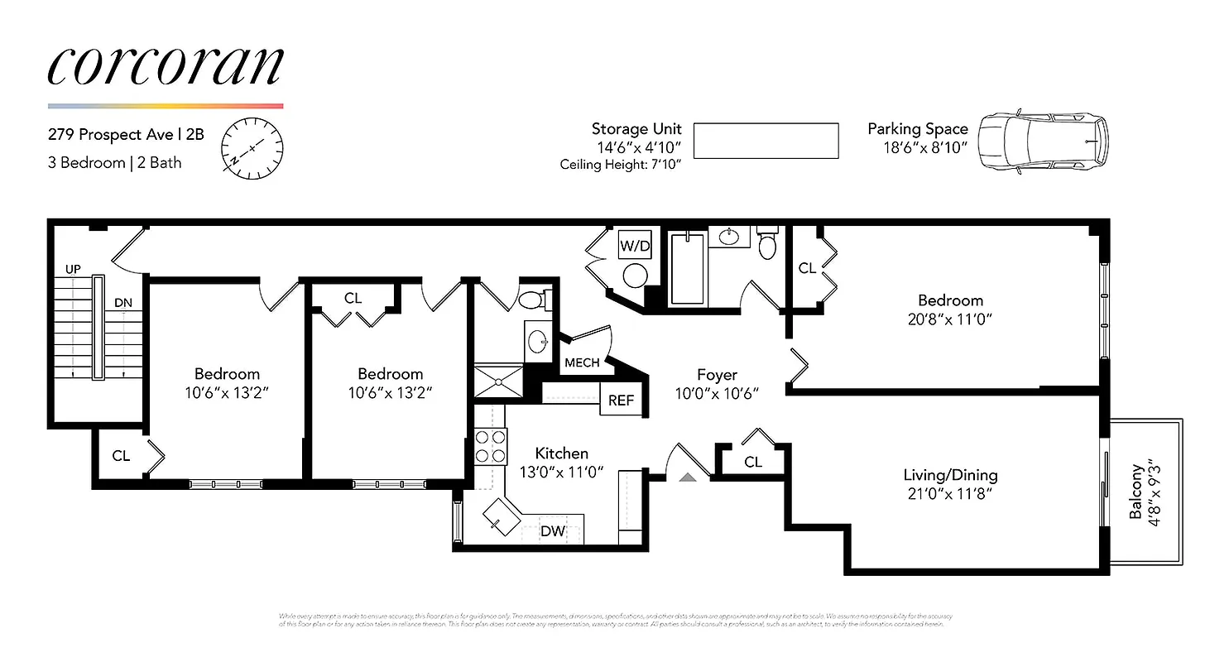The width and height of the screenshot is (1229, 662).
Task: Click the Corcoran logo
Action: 166,65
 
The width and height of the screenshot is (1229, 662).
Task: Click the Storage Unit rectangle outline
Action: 766,141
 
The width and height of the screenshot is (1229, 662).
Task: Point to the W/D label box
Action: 635,246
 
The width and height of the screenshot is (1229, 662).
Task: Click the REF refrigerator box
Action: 621,401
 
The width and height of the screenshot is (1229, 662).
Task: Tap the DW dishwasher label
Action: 552,531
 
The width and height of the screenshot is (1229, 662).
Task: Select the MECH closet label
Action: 582,363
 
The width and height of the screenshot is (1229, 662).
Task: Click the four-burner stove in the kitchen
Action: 490,447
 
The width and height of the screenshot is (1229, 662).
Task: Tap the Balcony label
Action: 1136,491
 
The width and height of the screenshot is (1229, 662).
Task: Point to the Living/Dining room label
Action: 949,475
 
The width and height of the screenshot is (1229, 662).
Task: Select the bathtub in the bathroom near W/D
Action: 687,269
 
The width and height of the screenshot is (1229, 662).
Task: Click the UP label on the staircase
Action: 74,270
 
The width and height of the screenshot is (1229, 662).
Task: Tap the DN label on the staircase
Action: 122,303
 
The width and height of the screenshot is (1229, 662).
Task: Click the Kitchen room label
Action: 561,453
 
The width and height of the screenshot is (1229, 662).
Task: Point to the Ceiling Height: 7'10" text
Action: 621,164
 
